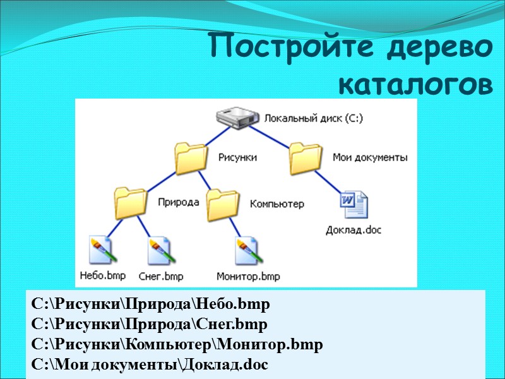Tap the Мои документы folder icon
click(306, 158)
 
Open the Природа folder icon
click(131, 202)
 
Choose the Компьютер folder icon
click(223, 203)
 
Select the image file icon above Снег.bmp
click(159, 251)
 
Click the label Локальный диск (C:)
click(313, 118)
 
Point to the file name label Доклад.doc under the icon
click(353, 229)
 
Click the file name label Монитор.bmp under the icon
click(248, 276)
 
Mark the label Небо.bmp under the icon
click(103, 275)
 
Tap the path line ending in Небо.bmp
click(150, 304)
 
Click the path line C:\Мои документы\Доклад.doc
click(149, 364)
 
